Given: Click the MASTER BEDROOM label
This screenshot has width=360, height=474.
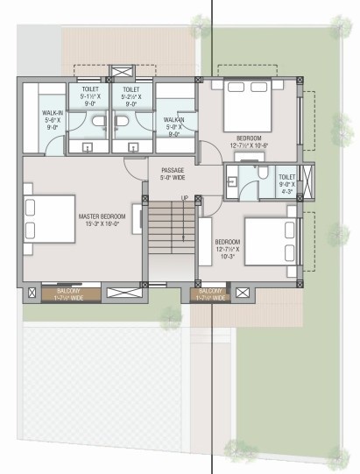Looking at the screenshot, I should [102, 216].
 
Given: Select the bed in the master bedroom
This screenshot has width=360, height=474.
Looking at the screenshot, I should [48, 217].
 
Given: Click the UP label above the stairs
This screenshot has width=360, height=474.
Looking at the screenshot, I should [184, 197].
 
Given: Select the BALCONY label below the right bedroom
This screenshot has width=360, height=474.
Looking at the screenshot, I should [210, 292].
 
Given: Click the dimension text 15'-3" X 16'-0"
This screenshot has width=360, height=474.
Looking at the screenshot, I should [102, 223].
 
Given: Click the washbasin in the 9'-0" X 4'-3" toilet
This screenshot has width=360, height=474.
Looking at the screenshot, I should [234, 181].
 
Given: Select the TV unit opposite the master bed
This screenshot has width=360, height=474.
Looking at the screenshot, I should [137, 220].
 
